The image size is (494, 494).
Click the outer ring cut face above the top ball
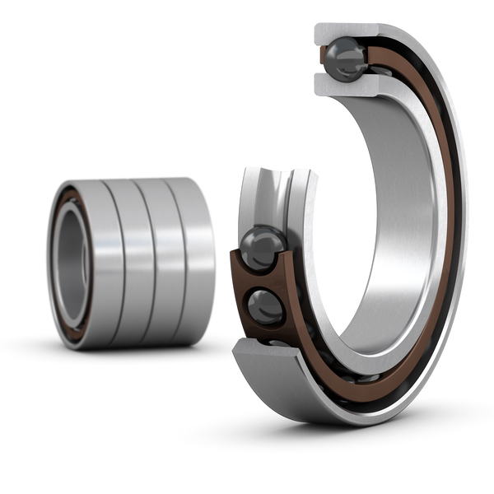[346, 30]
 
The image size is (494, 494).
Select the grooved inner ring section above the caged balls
[276, 193]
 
